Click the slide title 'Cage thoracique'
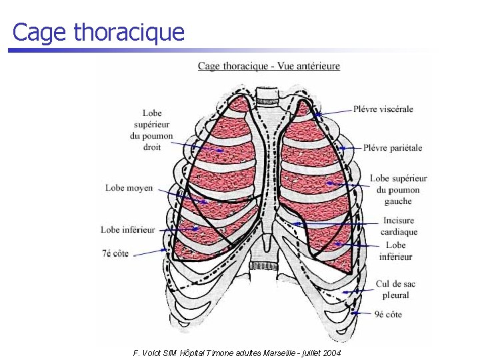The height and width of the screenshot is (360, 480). (x=99, y=32)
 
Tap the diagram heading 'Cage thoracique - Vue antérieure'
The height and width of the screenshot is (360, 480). (x=269, y=66)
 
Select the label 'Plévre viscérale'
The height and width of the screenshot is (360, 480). (x=383, y=109)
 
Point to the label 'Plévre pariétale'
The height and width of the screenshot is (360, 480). (x=393, y=147)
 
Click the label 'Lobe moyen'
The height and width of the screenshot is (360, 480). (x=129, y=188)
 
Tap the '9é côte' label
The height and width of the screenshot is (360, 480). (x=389, y=314)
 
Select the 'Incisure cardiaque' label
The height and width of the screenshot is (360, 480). (x=399, y=226)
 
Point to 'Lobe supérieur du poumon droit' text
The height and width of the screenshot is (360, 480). (x=152, y=130)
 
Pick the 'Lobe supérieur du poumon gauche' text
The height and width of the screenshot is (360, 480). (x=398, y=189)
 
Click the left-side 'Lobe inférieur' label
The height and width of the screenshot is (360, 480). (x=128, y=230)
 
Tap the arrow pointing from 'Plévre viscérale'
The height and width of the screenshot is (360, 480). (x=333, y=111)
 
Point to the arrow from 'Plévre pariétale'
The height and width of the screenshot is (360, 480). (x=349, y=147)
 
